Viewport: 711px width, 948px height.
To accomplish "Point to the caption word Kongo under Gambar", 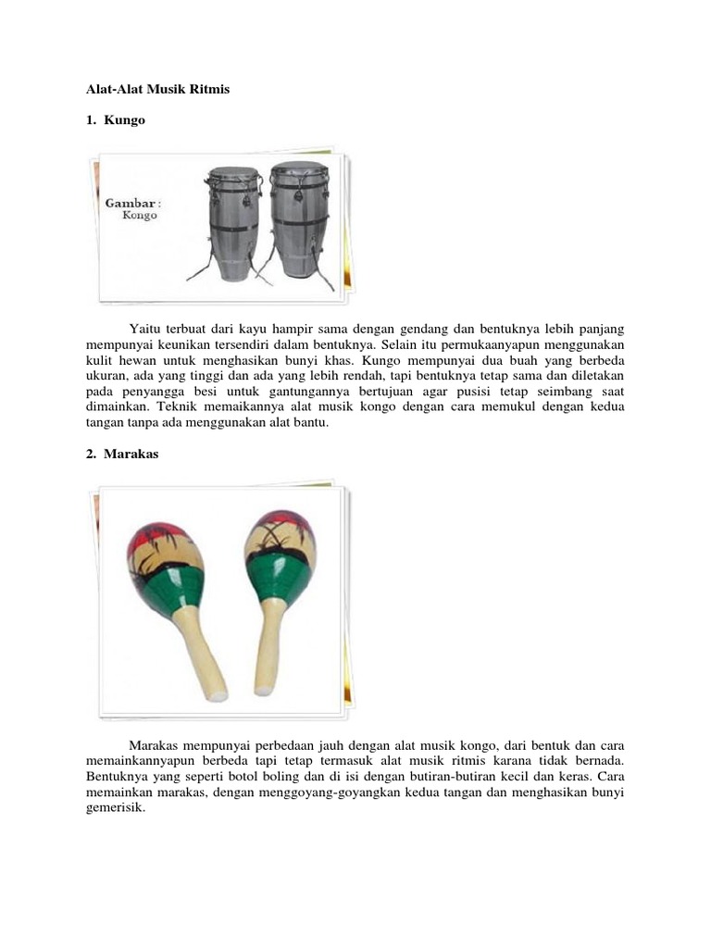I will [140, 216].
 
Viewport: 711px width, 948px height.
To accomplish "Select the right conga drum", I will [299, 222].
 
